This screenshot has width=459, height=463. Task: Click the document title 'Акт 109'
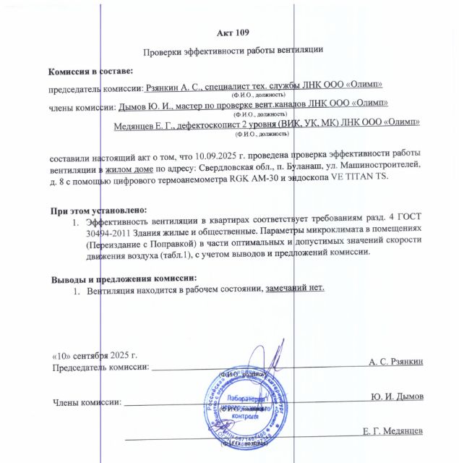click(232, 33)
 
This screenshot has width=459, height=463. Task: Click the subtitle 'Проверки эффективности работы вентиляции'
click(232, 51)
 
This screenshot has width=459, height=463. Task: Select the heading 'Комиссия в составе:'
click(90, 72)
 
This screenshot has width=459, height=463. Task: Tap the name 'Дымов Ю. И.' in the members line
click(142, 106)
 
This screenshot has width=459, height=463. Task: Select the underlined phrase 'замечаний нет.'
click(296, 288)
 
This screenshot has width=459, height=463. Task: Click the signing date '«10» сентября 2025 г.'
click(95, 356)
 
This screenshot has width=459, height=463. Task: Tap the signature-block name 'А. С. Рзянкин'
click(395, 360)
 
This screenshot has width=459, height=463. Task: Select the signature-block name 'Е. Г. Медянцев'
click(392, 432)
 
